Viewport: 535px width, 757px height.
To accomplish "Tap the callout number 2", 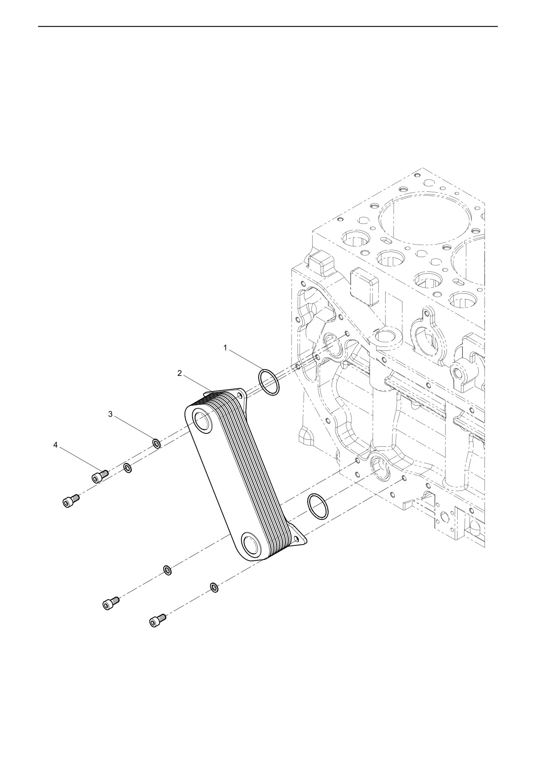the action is point(180,373).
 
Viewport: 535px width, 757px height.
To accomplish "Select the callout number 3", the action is point(110,414).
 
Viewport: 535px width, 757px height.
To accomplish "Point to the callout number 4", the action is point(55,444).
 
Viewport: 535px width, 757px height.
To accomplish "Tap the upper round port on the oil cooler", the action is point(202,422).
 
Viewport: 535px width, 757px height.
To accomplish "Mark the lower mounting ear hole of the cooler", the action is point(297,538).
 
